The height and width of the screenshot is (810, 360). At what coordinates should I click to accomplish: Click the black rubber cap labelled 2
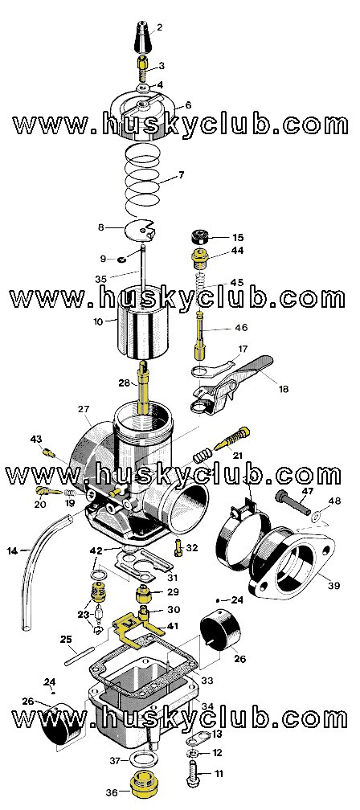[x=141, y=36]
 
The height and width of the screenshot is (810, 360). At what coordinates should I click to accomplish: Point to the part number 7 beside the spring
[x=181, y=174]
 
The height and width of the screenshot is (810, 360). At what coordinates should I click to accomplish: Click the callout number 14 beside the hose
[x=12, y=551]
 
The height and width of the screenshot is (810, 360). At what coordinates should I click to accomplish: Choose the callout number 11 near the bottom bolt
[x=218, y=774]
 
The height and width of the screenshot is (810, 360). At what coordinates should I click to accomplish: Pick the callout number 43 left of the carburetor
[x=36, y=439]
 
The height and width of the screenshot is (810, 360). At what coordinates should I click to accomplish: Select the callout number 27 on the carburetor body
[x=83, y=410]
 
